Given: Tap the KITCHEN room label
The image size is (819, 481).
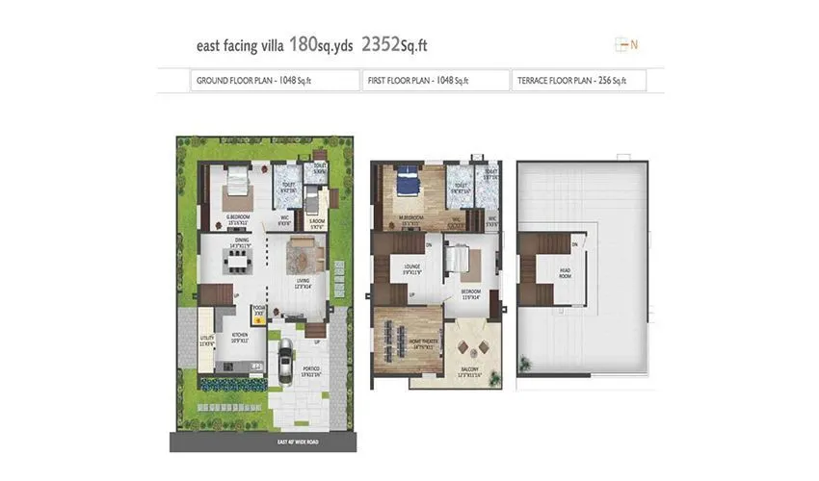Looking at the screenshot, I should [x=239, y=338].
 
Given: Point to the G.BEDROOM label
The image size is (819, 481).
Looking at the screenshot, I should [x=239, y=217].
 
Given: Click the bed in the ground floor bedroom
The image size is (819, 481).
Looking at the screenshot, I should [x=237, y=187].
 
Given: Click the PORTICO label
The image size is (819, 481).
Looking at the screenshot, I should [x=308, y=369].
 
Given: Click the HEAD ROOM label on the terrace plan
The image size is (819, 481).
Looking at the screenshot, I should [x=566, y=272].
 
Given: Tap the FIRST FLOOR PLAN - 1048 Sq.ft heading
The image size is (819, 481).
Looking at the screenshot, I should [x=418, y=81].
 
